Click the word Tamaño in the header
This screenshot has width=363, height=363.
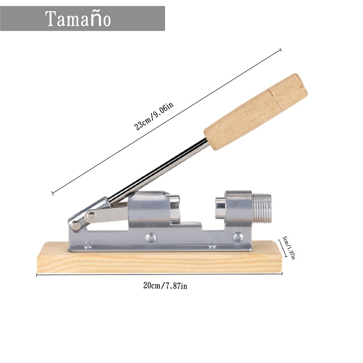click(x=78, y=19)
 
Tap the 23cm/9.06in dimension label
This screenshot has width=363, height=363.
click(x=153, y=117)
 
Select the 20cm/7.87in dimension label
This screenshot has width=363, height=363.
click(x=165, y=286)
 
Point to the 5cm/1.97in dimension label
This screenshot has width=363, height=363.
click(x=289, y=247)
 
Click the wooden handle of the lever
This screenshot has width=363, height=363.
click(x=256, y=112)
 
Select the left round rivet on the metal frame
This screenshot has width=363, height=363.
click(x=150, y=237)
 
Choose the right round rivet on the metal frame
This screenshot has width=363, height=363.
click(x=238, y=237)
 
